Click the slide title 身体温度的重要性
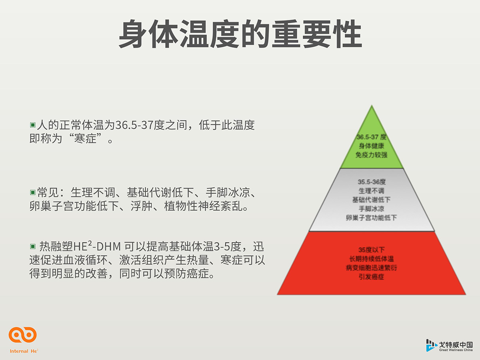point(240,34)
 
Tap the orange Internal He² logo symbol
point(22,335)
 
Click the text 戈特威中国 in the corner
point(456,345)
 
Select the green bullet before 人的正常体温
point(32,125)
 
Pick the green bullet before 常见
point(32,192)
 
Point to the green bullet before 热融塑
point(32,246)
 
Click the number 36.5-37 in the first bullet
point(134,125)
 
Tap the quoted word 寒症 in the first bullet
point(85,138)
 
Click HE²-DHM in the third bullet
point(97,246)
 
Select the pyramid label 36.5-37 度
point(372,137)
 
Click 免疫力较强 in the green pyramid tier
point(371,155)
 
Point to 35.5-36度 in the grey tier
point(372,182)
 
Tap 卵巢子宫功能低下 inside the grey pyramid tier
point(371,218)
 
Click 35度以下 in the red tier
point(372,250)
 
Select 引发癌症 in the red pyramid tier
point(371,277)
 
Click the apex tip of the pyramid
point(372,105)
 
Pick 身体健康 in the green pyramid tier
point(371,146)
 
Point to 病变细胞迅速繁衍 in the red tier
point(371,268)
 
